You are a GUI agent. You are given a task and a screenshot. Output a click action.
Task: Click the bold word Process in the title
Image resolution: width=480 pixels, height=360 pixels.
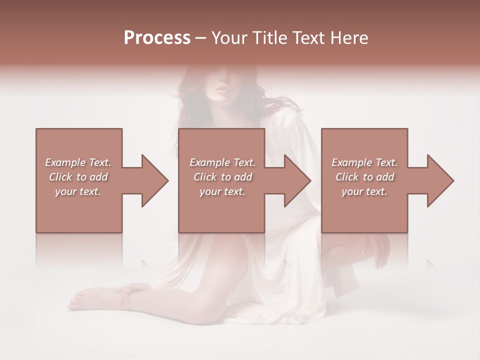pyautogui.click(x=157, y=38)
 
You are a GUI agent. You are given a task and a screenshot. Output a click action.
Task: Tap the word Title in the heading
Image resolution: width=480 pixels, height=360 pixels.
pyautogui.click(x=268, y=38)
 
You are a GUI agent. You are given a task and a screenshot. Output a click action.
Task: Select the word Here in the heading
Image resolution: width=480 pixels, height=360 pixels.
pyautogui.click(x=350, y=38)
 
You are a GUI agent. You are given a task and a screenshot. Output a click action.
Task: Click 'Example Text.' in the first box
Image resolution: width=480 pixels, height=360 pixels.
pyautogui.click(x=78, y=162)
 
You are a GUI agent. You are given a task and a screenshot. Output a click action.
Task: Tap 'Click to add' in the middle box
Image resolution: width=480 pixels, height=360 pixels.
pyautogui.click(x=222, y=177)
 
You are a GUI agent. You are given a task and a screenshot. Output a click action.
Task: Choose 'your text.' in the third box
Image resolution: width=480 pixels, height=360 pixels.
pyautogui.click(x=364, y=191)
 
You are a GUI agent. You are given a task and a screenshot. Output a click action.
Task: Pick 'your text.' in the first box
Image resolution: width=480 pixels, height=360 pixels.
pyautogui.click(x=78, y=191)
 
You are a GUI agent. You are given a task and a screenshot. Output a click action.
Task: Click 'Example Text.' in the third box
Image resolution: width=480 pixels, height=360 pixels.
pyautogui.click(x=364, y=162)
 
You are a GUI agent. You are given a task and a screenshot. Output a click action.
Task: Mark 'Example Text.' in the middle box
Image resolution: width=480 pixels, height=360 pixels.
pyautogui.click(x=222, y=162)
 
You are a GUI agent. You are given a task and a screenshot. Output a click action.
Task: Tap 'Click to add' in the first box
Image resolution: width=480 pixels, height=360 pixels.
pyautogui.click(x=78, y=177)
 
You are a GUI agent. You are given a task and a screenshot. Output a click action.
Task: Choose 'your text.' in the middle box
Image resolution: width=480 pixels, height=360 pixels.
pyautogui.click(x=222, y=191)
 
